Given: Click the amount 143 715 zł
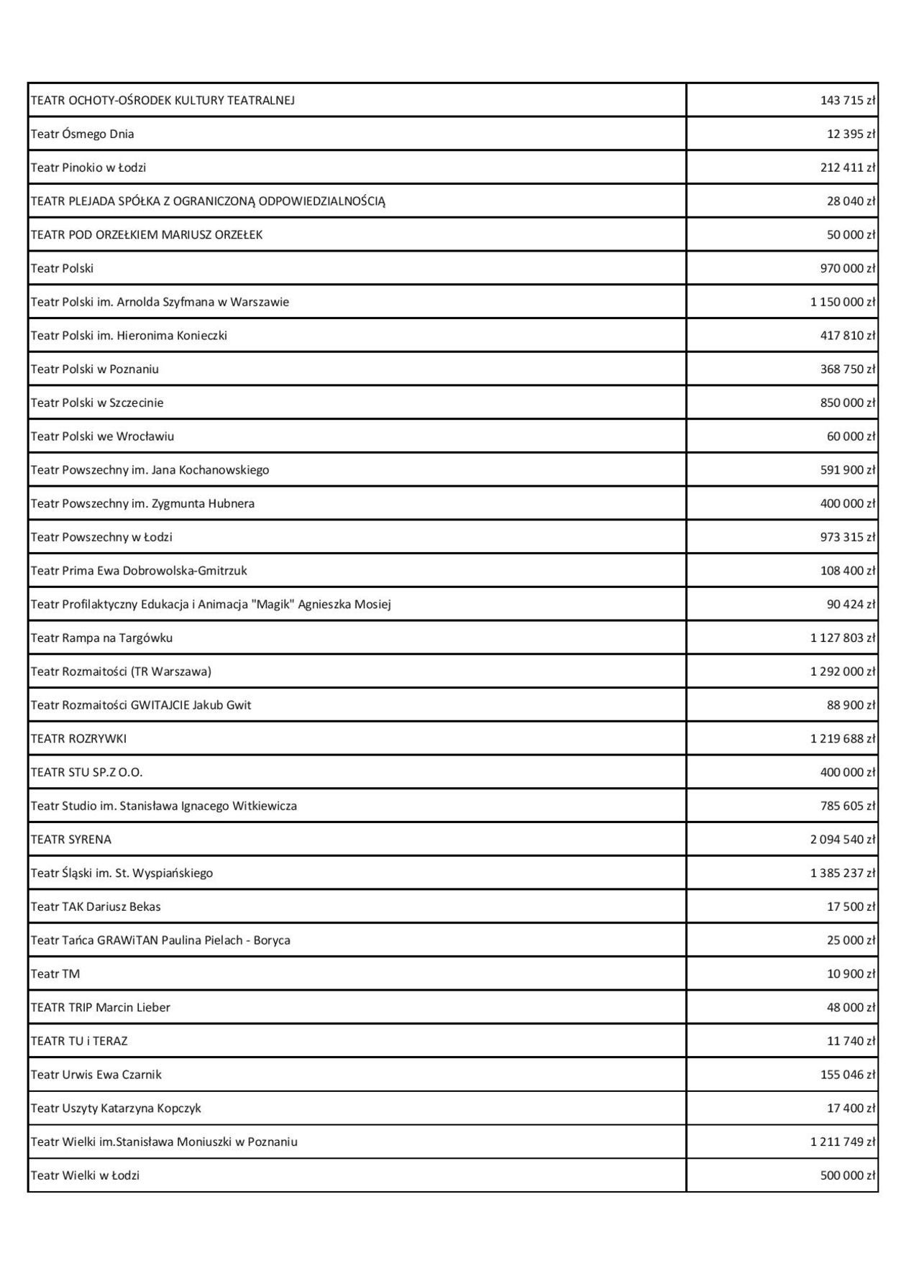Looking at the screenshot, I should pyautogui.click(x=848, y=101).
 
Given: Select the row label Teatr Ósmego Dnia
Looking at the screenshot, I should pyautogui.click(x=82, y=134).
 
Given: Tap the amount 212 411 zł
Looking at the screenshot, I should pyautogui.click(x=848, y=167).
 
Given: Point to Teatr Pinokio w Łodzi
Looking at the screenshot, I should pyautogui.click(x=88, y=167).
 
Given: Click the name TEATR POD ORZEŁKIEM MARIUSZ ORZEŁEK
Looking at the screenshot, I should pyautogui.click(x=146, y=235).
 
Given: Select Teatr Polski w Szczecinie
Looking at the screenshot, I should pyautogui.click(x=96, y=403).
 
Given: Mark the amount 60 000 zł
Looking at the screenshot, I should pyautogui.click(x=851, y=436).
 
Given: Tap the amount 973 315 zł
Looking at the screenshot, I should pyautogui.click(x=848, y=537).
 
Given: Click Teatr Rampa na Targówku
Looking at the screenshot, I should pyautogui.click(x=101, y=638).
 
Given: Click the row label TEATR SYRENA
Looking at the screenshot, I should pyautogui.click(x=70, y=840).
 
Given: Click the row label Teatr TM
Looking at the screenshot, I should pyautogui.click(x=55, y=974).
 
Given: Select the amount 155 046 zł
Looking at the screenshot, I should pyautogui.click(x=848, y=1075).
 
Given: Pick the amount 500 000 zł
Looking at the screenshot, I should pyautogui.click(x=848, y=1175).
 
